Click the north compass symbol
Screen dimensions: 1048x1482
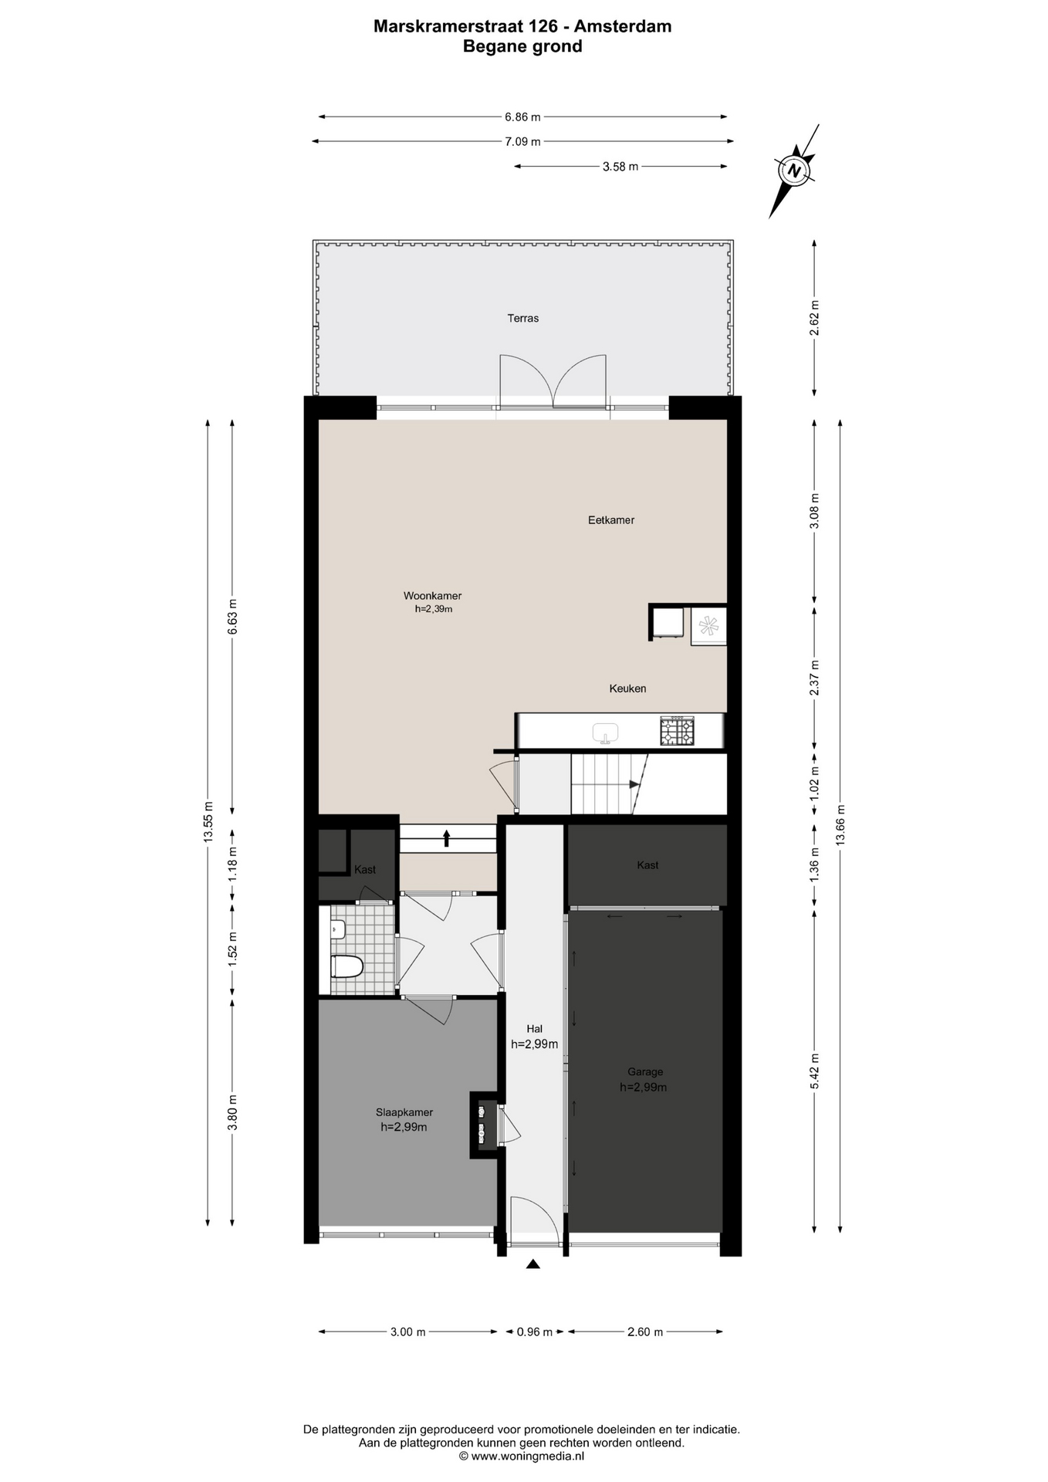795,170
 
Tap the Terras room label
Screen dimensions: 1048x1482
522,318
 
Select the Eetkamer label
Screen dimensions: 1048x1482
611,520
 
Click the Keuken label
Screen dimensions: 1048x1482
627,689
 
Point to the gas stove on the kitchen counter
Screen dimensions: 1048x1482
677,731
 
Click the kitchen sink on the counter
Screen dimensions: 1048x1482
606,733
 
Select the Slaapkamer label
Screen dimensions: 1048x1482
404,1112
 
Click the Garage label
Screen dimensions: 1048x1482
645,1071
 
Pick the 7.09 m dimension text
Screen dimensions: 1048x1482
522,141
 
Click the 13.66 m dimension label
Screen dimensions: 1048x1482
840,825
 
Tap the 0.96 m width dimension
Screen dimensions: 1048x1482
535,1331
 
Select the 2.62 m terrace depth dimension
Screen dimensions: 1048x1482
814,318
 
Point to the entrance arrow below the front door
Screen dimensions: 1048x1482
532,1264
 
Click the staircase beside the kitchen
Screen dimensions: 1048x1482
609,784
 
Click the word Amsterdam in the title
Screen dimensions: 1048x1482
624,26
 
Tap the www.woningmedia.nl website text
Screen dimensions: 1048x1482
528,1456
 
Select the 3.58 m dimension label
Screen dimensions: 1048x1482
620,166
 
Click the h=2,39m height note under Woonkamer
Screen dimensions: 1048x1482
434,608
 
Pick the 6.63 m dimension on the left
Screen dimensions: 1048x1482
232,617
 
